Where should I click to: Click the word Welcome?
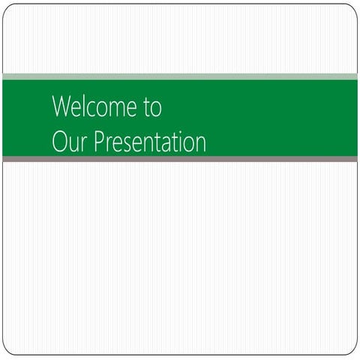click(x=94, y=107)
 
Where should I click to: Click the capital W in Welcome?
click(x=62, y=107)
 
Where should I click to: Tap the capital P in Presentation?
click(x=96, y=142)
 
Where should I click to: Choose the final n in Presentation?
click(x=200, y=143)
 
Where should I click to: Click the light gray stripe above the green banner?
click(x=180, y=76)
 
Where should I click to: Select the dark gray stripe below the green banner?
click(x=180, y=159)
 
